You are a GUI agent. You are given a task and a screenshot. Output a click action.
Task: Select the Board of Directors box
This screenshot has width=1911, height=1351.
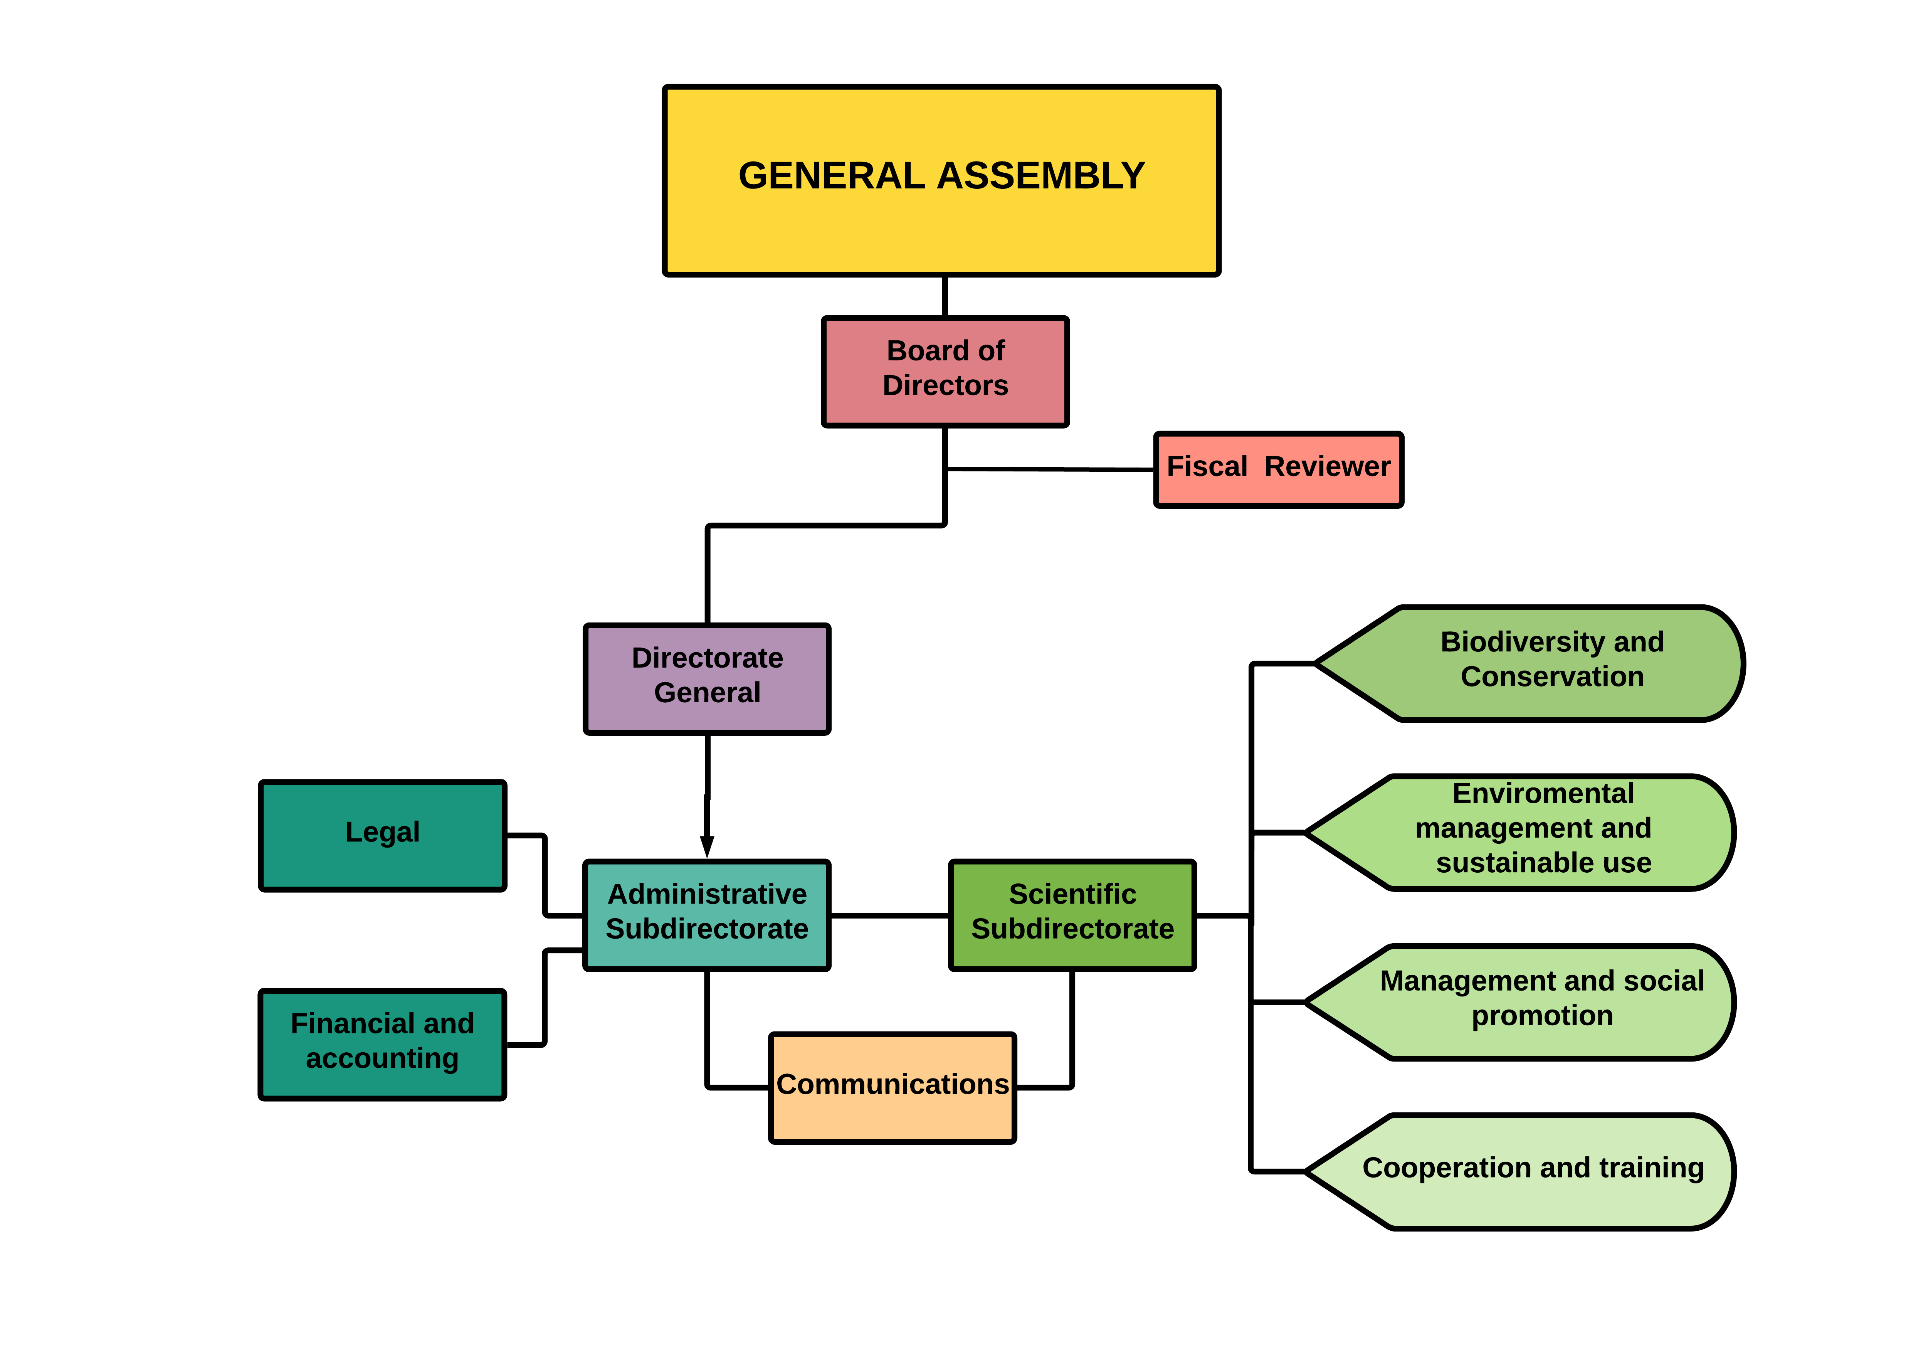945,371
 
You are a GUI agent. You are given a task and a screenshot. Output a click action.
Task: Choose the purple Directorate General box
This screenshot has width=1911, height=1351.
707,678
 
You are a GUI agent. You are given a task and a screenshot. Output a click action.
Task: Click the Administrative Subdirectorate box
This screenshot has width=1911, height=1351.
707,915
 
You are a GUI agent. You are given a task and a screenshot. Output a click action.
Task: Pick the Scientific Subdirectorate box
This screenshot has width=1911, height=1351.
1072,915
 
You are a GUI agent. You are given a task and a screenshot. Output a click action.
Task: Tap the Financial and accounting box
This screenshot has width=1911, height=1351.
382,1044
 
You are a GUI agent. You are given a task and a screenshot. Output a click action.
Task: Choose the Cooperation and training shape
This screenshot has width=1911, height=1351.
1531,1170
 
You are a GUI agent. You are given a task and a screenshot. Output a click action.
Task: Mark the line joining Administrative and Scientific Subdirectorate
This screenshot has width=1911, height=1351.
889,915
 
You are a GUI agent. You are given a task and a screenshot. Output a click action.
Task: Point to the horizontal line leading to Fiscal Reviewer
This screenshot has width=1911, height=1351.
1050,469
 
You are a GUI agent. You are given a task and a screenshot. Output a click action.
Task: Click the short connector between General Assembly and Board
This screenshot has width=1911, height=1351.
945,296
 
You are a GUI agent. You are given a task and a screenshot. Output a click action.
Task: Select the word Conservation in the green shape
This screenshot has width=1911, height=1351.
1551,677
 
